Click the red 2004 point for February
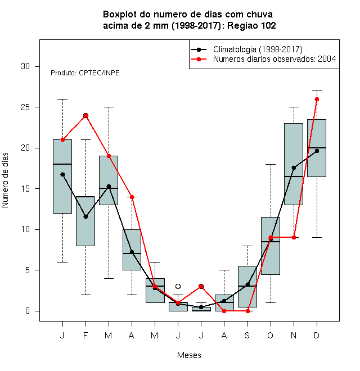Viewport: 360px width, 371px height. click(x=85, y=115)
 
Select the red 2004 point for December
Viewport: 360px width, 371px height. click(x=317, y=99)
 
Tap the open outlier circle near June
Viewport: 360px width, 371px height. click(x=178, y=287)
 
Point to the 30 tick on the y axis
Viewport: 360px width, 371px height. click(x=37, y=66)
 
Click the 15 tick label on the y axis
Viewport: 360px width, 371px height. click(x=25, y=189)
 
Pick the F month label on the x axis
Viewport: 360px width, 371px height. click(x=85, y=335)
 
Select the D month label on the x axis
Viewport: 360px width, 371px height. click(x=317, y=335)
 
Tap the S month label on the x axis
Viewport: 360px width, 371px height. click(x=247, y=335)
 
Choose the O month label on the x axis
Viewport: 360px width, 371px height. click(x=270, y=335)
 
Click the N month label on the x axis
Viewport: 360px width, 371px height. click(x=294, y=335)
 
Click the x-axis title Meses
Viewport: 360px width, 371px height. click(x=189, y=355)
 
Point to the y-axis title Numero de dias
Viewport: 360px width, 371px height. click(x=5, y=180)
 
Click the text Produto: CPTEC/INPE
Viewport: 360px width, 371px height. click(x=85, y=73)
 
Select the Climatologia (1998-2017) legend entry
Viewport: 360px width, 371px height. click(x=247, y=49)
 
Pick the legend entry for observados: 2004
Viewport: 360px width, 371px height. click(x=263, y=59)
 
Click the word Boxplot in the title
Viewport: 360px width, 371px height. click(x=120, y=15)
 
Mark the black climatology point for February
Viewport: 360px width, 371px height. click(x=85, y=217)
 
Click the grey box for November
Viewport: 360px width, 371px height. click(x=294, y=164)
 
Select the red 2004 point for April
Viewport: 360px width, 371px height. click(x=132, y=197)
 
